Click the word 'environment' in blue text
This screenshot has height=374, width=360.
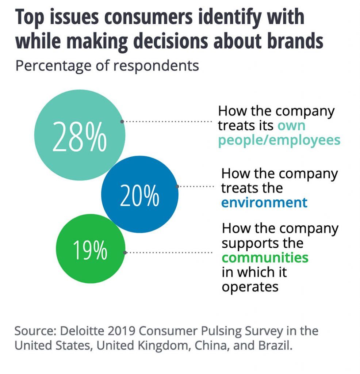(x=264, y=202)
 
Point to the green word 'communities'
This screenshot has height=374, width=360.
(x=265, y=257)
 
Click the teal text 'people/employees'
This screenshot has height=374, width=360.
(x=279, y=140)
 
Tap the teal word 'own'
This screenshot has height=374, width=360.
(x=291, y=125)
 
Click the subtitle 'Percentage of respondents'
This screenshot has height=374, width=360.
(x=107, y=66)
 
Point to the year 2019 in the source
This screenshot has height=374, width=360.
(x=122, y=331)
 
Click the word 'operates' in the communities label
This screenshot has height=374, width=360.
(x=250, y=287)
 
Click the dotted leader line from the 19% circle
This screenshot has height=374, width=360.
(x=169, y=252)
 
